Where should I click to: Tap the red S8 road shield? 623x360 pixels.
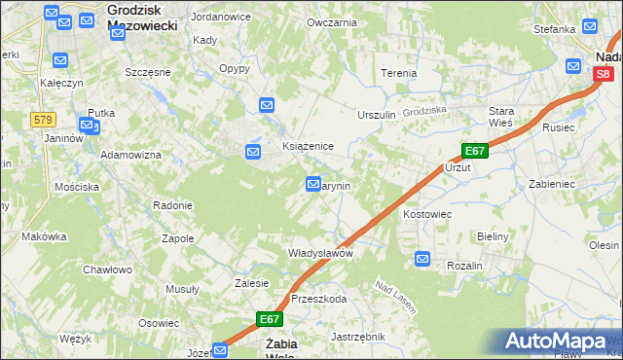[x=604, y=74]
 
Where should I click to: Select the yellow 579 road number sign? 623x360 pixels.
[x=41, y=120]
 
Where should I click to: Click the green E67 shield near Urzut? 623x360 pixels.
[x=474, y=151]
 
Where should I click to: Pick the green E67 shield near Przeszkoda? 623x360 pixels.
[x=270, y=319]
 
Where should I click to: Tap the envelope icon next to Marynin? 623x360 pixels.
[x=313, y=183]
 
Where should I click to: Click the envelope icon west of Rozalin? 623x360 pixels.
[x=422, y=258]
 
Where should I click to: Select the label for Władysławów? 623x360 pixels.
[x=319, y=253]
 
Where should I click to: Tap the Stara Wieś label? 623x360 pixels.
[x=501, y=117]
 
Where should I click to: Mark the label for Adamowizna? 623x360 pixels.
[x=130, y=156]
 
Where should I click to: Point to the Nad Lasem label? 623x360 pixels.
[x=395, y=298]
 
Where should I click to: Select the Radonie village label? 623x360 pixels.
[x=172, y=205]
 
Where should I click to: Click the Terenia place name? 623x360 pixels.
[x=399, y=73]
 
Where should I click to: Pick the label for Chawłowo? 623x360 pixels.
[x=107, y=270]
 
